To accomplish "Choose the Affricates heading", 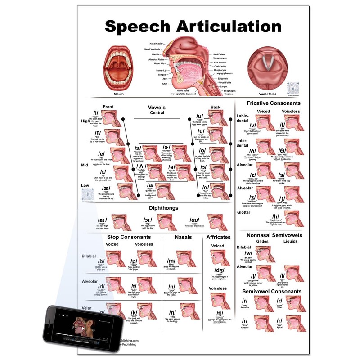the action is click(218, 237).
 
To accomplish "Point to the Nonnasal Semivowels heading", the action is click(274, 235).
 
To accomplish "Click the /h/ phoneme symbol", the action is click(276, 216).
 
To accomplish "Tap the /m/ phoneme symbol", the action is click(171, 261).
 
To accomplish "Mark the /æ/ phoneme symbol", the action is click(107, 188).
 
